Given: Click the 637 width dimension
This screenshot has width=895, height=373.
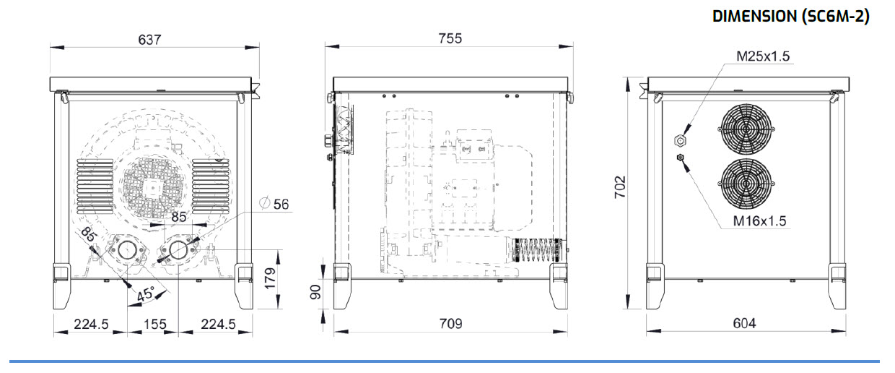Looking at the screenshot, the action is (x=149, y=40).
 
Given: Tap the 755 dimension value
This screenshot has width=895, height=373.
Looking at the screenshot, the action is (x=450, y=38).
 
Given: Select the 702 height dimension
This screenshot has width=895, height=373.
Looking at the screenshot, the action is (x=620, y=187).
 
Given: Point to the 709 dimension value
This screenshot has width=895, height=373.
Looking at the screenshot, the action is (x=450, y=323).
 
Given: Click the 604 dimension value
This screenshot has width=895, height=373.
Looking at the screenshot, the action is (x=744, y=323).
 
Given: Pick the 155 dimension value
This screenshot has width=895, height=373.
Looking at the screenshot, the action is (x=154, y=324).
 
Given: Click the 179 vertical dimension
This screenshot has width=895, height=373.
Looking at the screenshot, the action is (x=271, y=278).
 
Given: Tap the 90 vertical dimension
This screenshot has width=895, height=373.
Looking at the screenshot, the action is (x=315, y=292).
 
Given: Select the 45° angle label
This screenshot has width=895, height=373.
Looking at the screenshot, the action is (x=145, y=294).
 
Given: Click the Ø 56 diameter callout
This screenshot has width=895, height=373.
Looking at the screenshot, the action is (x=274, y=204).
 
